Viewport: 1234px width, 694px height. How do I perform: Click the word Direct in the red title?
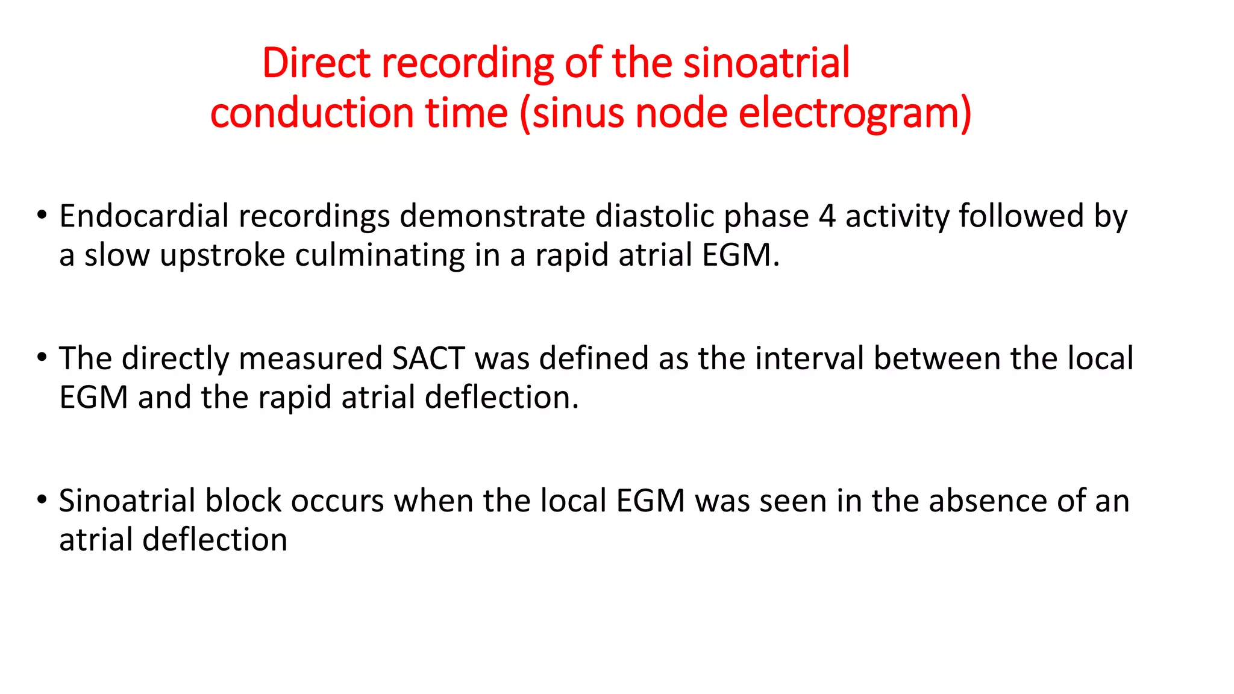pyautogui.click(x=316, y=63)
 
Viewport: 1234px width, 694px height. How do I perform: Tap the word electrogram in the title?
pyautogui.click(x=854, y=113)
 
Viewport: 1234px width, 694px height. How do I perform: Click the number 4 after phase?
pyautogui.click(x=827, y=217)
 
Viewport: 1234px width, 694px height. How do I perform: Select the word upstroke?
pyautogui.click(x=222, y=255)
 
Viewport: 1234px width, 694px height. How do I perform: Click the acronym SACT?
pyautogui.click(x=428, y=358)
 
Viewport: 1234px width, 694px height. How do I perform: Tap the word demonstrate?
pyautogui.click(x=492, y=216)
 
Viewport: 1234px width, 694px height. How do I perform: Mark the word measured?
pyautogui.click(x=310, y=358)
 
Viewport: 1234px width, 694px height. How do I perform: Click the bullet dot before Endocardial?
pyautogui.click(x=42, y=215)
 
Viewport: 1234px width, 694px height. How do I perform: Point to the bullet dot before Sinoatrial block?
pyautogui.click(x=42, y=499)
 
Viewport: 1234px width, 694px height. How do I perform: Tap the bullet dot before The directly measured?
pyautogui.click(x=42, y=357)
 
